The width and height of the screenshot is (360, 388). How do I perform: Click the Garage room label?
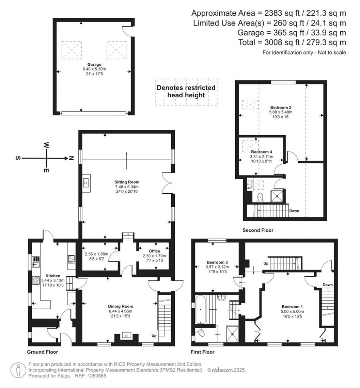(95, 65)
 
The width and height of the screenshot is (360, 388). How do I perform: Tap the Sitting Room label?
(127, 182)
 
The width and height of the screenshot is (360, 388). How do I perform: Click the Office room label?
(154, 251)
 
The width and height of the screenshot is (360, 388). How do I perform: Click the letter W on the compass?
(46, 145)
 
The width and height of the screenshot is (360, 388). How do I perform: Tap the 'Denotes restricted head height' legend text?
(186, 91)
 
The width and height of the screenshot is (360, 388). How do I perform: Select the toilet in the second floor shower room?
(261, 197)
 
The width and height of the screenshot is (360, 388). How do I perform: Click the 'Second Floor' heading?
(258, 231)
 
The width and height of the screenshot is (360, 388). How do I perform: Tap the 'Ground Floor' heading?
(43, 351)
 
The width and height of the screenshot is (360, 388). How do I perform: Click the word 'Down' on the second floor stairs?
(294, 211)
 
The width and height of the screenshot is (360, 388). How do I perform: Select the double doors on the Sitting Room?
(167, 183)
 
